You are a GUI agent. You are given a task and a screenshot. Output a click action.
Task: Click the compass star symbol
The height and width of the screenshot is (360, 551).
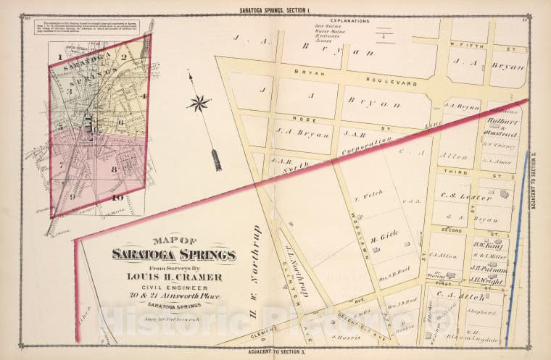[198, 103]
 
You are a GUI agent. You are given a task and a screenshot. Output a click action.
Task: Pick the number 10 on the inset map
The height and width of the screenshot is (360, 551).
[117, 197]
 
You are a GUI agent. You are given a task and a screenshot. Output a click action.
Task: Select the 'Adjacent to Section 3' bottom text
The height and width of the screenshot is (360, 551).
[275, 353]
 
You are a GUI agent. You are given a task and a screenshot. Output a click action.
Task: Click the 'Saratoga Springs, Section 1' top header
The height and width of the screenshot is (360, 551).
[275, 8]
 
